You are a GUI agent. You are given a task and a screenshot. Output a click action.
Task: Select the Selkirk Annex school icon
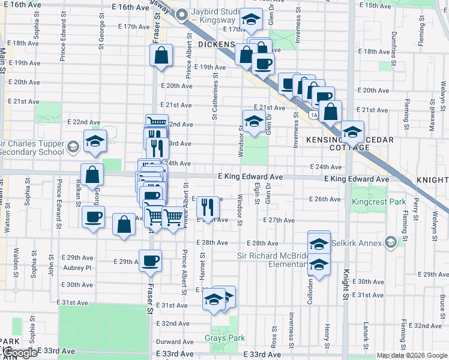[391, 242]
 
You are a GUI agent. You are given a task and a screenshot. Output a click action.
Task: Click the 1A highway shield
[313, 113]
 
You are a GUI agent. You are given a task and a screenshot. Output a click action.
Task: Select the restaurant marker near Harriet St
[208, 207]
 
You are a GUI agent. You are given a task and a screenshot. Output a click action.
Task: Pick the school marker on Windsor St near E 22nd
[254, 120]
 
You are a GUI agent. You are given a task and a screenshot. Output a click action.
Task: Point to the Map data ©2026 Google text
[411, 355]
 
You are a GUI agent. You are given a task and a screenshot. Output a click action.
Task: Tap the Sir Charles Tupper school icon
[73, 146]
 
